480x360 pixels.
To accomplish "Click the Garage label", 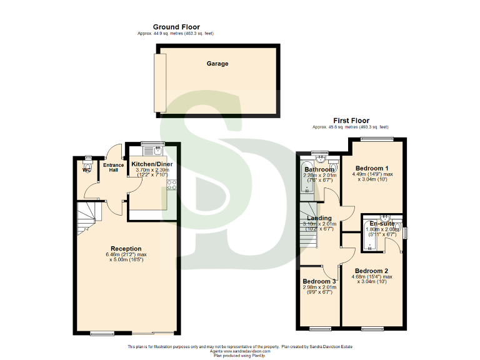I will pos(217,64).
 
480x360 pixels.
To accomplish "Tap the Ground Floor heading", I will pos(176,27).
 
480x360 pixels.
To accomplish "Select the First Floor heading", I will pos(351,121).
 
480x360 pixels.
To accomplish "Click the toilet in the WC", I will pos(87,159).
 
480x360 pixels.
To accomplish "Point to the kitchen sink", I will pos(157,150).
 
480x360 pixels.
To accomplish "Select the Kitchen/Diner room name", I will pos(152,164).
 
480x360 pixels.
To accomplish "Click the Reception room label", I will pos(126,248).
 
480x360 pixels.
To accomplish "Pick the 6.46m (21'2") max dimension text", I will pos(126,254).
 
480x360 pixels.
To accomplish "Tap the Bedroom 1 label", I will pos(372,168).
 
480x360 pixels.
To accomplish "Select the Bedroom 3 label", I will pos(319,281).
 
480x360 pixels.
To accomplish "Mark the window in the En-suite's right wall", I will pos(406,232).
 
